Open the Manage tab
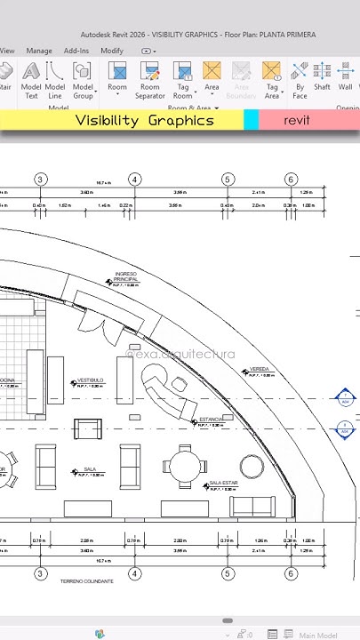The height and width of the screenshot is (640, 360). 39,51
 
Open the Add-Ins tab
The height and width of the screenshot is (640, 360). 76,51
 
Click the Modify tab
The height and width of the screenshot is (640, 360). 112,51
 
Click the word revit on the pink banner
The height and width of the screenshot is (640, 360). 297,120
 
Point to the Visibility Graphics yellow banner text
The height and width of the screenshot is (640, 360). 144,120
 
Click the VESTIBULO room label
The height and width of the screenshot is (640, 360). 91,380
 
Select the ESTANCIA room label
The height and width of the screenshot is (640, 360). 212,419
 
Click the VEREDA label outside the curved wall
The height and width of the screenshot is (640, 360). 260,368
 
